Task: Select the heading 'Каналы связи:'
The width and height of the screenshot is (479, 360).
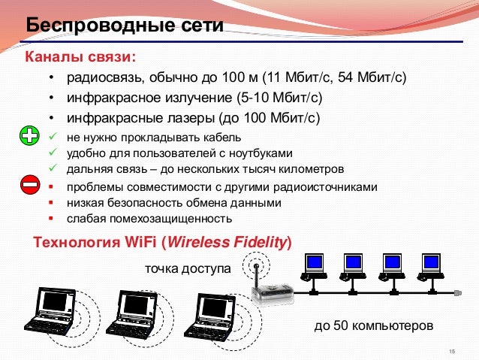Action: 81,57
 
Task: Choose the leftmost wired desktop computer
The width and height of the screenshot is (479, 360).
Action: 314,265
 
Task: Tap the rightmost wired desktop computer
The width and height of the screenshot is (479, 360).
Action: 431,265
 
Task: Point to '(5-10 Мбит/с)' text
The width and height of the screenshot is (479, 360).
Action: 279,98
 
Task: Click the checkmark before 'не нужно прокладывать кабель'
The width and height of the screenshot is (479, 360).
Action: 51,137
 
